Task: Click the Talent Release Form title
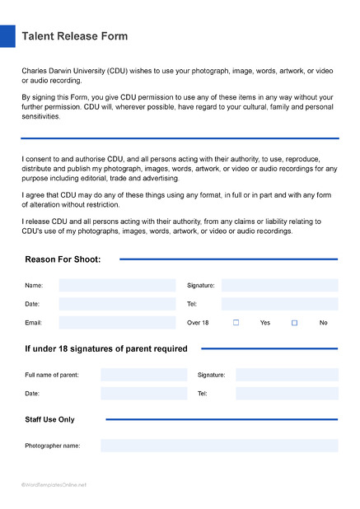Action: point(74,37)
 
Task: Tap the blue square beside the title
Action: point(7,36)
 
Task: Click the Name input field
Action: point(117,286)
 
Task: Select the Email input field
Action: point(117,323)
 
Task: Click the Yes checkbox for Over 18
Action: point(236,323)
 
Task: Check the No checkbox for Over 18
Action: point(294,323)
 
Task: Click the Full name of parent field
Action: point(143,375)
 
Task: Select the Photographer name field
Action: point(218,446)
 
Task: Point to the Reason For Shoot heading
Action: point(63,259)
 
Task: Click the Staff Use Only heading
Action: point(49,419)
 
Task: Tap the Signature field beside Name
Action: point(279,286)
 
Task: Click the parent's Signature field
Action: point(287,375)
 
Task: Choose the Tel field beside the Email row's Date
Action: point(279,304)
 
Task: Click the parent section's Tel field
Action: point(287,394)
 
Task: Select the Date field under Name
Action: point(117,304)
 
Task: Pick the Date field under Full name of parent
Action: point(143,394)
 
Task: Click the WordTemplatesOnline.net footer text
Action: point(54,484)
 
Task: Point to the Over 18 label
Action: point(198,323)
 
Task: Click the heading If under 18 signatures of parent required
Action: point(105,348)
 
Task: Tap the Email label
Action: point(34,323)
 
